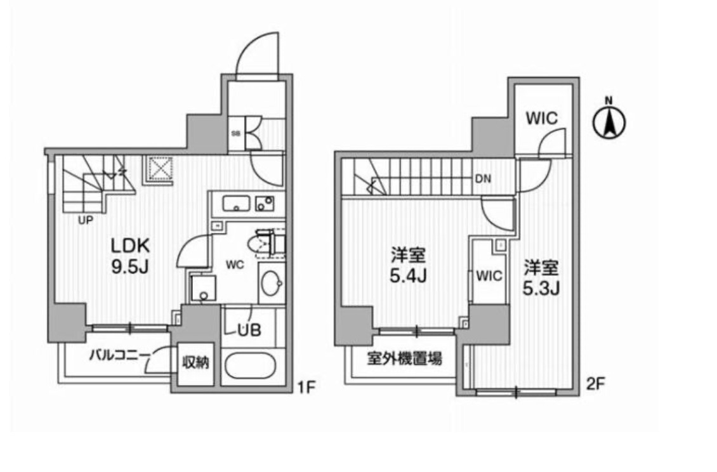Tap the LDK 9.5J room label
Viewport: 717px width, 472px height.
tap(130, 256)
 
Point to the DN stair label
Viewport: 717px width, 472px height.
tap(483, 178)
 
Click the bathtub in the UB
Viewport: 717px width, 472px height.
tap(250, 366)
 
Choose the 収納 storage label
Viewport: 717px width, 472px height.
tap(194, 364)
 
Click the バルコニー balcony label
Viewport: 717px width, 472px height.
tap(118, 354)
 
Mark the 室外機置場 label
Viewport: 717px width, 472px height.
tap(404, 359)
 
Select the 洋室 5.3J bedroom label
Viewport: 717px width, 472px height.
tap(541, 277)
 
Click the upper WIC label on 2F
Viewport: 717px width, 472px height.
tap(540, 118)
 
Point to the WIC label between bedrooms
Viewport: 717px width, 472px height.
tap(489, 276)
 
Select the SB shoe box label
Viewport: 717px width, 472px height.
tap(234, 133)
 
